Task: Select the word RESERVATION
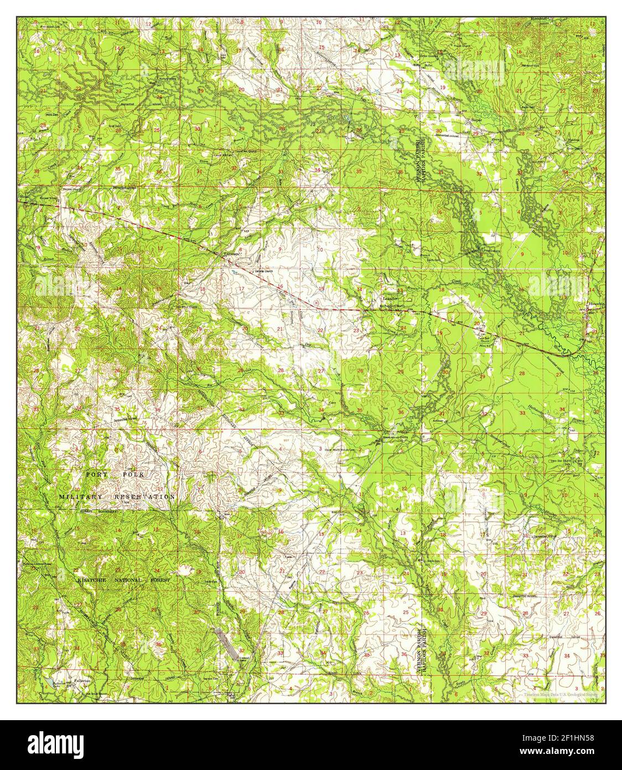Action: (145, 497)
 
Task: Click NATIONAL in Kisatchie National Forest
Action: (129, 579)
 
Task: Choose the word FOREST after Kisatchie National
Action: (159, 579)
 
